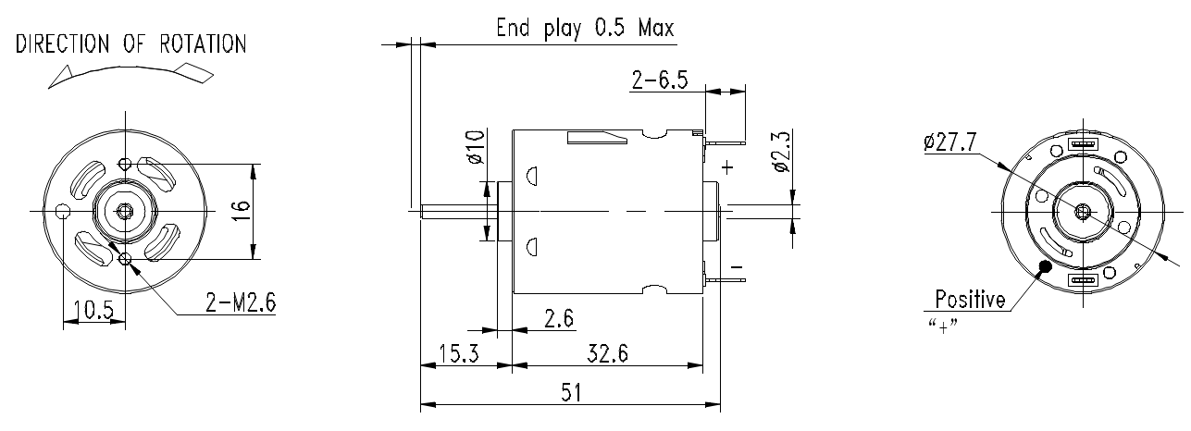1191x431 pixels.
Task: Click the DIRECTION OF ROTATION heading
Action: (130, 44)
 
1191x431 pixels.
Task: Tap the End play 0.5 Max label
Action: (585, 28)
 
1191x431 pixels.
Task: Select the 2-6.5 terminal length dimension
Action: (659, 80)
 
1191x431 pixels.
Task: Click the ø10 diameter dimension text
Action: (476, 147)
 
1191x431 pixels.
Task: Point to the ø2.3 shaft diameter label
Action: (782, 152)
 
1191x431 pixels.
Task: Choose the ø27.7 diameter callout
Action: (950, 142)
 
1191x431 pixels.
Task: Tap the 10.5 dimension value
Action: (93, 309)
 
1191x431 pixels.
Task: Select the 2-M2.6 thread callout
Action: (241, 302)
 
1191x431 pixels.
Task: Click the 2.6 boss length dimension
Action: (559, 318)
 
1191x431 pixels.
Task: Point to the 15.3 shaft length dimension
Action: (459, 353)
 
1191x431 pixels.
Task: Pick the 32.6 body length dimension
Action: (608, 353)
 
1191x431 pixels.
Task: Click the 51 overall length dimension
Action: (571, 393)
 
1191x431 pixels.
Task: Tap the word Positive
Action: (970, 299)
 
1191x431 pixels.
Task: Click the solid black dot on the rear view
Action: (1046, 266)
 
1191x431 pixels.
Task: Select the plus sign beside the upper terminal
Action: (727, 167)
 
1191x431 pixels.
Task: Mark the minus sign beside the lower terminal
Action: (737, 267)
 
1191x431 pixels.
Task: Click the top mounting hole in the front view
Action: (126, 163)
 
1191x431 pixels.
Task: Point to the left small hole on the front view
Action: (63, 212)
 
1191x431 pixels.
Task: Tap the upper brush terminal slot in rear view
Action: (1083, 143)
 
